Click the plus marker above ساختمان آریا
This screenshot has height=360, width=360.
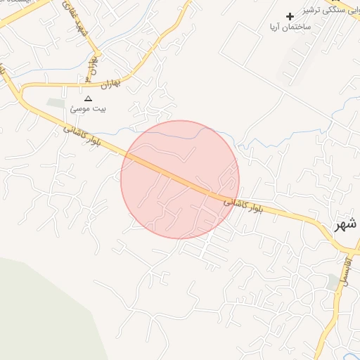point(290,16)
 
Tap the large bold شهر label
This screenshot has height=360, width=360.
point(347,224)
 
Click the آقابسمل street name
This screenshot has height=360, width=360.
point(345,271)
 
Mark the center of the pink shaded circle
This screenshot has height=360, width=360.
point(180,179)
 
